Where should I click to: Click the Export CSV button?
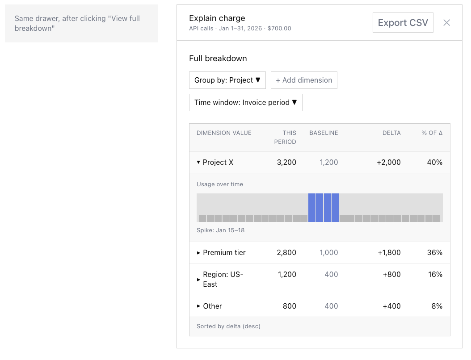tap(403, 23)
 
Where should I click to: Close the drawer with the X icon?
tap(446, 23)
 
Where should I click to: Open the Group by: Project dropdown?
tap(227, 80)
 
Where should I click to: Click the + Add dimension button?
tap(304, 80)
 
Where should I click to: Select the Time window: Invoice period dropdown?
tap(245, 102)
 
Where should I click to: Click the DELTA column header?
tap(391, 133)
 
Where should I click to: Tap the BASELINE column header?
tap(324, 133)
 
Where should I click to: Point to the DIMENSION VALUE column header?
tap(224, 133)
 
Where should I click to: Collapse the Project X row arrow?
tap(198, 163)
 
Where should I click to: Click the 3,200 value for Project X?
tap(286, 163)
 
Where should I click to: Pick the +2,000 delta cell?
tap(388, 163)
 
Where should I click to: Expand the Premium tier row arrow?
tap(199, 253)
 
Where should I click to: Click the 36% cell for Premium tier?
tap(434, 253)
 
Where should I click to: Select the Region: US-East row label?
tap(223, 279)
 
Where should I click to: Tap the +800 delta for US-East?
tap(391, 275)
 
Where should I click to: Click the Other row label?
tap(212, 306)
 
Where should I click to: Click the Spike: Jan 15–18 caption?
tap(220, 230)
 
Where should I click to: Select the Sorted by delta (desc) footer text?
tap(228, 327)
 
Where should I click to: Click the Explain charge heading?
tap(217, 18)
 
